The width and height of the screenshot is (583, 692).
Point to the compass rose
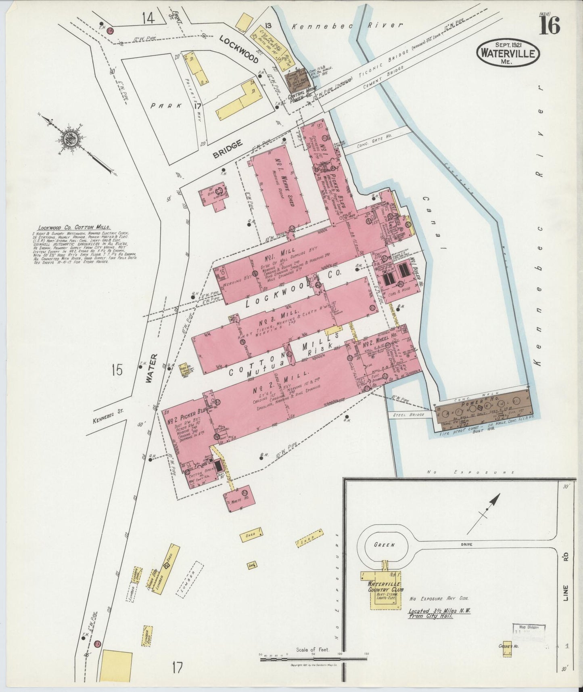click(x=67, y=139)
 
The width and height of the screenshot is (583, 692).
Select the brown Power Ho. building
click(x=483, y=412)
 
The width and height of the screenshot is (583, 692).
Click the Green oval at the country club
click(x=384, y=545)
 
